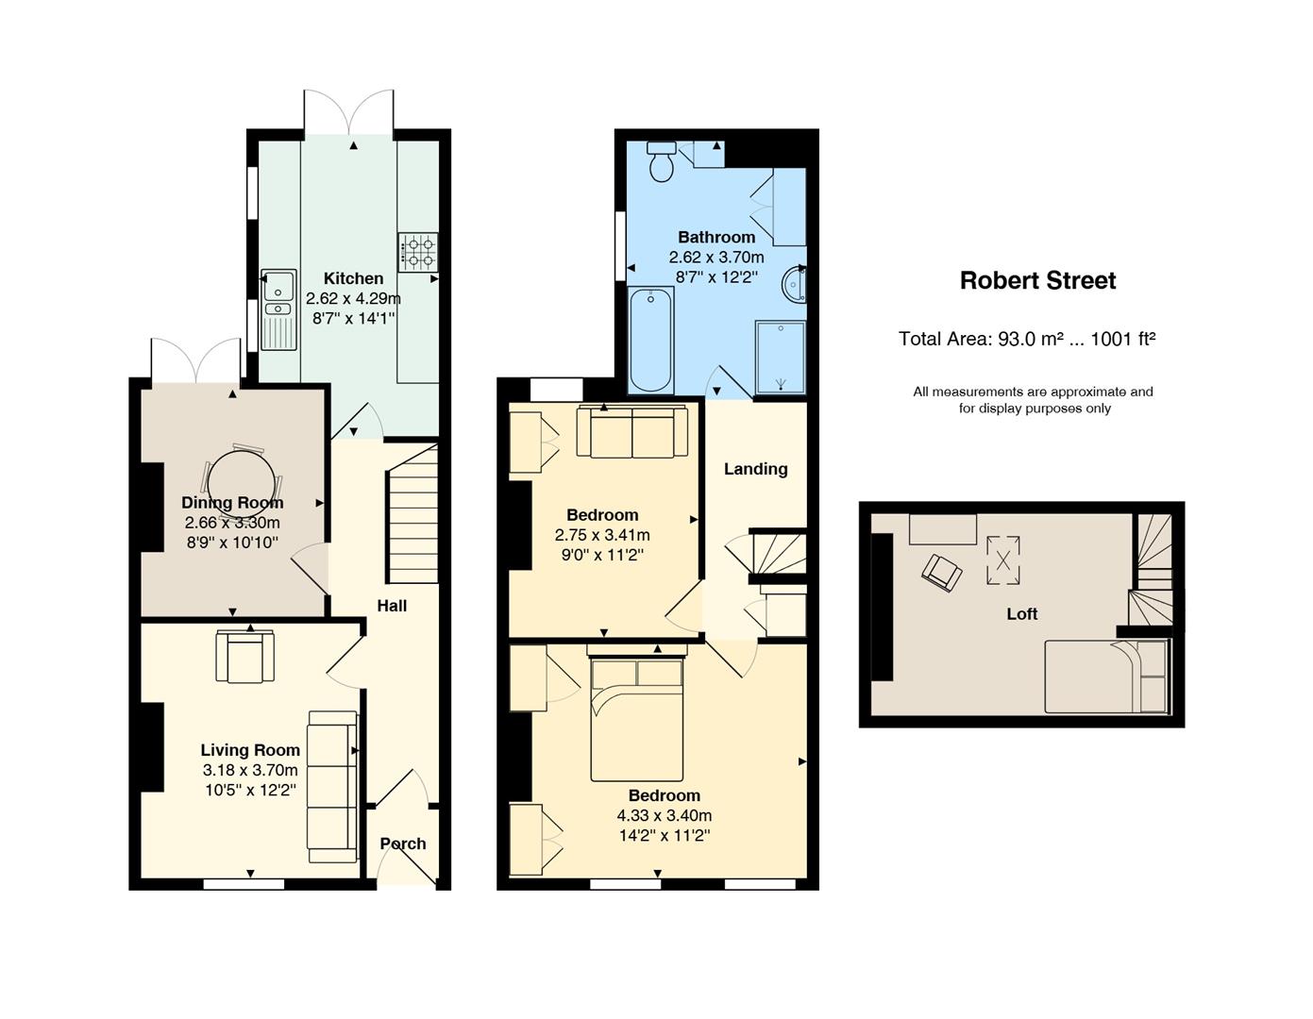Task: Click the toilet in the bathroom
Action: pyautogui.click(x=661, y=161)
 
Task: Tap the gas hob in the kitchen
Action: pyautogui.click(x=418, y=252)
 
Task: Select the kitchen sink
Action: pyautogui.click(x=278, y=309)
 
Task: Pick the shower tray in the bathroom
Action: pyautogui.click(x=780, y=358)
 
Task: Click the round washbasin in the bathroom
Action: pyautogui.click(x=794, y=284)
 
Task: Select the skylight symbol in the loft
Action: pyautogui.click(x=1003, y=560)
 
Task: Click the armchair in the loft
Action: pyautogui.click(x=941, y=573)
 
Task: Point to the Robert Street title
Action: pyautogui.click(x=1037, y=281)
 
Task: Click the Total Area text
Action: pyautogui.click(x=1027, y=339)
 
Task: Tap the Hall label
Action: pyautogui.click(x=392, y=606)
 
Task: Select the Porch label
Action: pyautogui.click(x=402, y=844)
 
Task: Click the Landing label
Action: pyautogui.click(x=755, y=469)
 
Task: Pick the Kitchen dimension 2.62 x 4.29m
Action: pyautogui.click(x=353, y=298)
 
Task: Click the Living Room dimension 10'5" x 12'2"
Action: pyautogui.click(x=250, y=791)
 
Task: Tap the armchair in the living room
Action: pyautogui.click(x=244, y=656)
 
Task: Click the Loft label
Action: pyautogui.click(x=1021, y=614)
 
